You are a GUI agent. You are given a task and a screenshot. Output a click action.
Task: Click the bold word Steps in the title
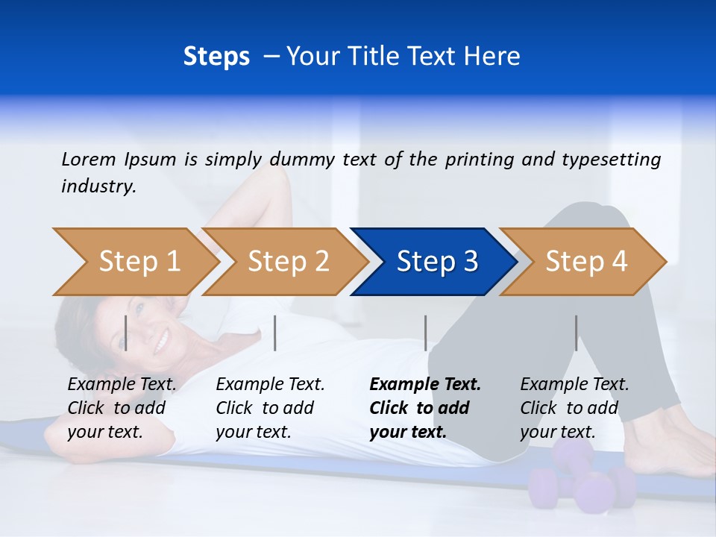tap(216, 57)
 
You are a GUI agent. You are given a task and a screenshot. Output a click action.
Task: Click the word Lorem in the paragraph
tap(89, 159)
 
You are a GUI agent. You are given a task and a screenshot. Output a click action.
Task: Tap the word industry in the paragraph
tap(98, 186)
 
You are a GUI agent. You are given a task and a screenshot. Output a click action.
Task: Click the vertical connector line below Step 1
tap(126, 333)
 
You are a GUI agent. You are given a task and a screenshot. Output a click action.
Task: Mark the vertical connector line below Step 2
tap(275, 333)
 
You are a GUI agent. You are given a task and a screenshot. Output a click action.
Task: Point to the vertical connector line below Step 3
tap(426, 333)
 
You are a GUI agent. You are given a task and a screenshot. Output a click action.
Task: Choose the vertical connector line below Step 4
tap(577, 333)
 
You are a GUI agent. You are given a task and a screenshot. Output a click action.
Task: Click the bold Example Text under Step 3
tap(425, 385)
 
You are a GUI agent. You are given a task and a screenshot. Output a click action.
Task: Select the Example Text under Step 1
tap(122, 385)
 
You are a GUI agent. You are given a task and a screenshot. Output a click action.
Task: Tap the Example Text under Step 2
tap(270, 385)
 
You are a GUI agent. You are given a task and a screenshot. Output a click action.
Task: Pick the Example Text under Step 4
tap(574, 385)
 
